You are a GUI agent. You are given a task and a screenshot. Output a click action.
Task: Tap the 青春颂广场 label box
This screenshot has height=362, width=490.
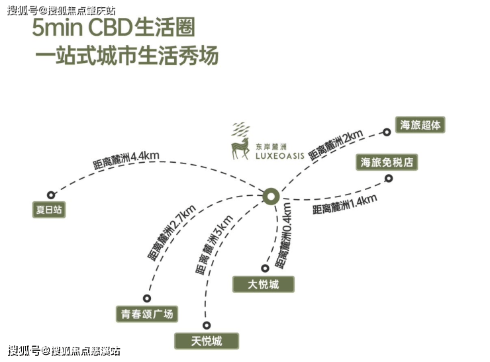pyautogui.click(x=147, y=313)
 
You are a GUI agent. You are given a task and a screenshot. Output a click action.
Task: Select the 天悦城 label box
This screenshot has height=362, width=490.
pyautogui.click(x=206, y=341)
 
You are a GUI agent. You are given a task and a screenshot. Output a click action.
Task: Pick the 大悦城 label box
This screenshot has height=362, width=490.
pyautogui.click(x=263, y=284)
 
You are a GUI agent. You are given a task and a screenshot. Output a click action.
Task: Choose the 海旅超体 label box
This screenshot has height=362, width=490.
pyautogui.click(x=420, y=124)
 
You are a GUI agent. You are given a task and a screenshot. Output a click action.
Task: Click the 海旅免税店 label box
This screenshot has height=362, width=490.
pyautogui.click(x=390, y=161)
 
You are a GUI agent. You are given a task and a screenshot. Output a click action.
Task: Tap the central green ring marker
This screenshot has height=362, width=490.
pyautogui.click(x=270, y=196)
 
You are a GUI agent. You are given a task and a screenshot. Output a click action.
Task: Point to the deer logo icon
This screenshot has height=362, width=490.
pyautogui.click(x=240, y=140)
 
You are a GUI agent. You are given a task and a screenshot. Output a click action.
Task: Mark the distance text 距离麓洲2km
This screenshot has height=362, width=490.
pyautogui.click(x=336, y=146)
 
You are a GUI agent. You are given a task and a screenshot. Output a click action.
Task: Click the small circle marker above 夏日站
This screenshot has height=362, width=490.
pyautogui.click(x=51, y=195)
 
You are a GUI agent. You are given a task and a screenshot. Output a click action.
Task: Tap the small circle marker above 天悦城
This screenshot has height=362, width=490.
pyautogui.click(x=207, y=325)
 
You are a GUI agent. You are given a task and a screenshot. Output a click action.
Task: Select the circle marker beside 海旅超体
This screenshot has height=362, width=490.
pyautogui.click(x=387, y=132)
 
